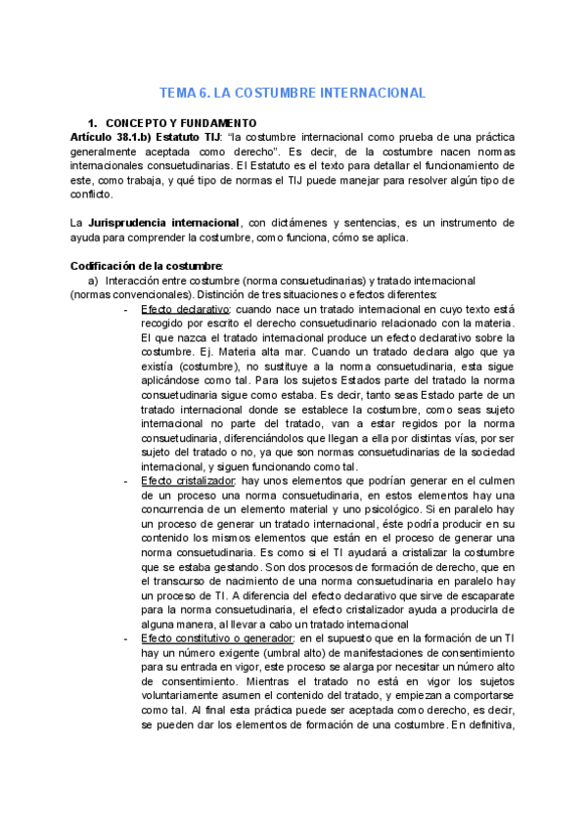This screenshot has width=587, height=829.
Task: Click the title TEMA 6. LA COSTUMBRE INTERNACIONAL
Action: click(x=293, y=93)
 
